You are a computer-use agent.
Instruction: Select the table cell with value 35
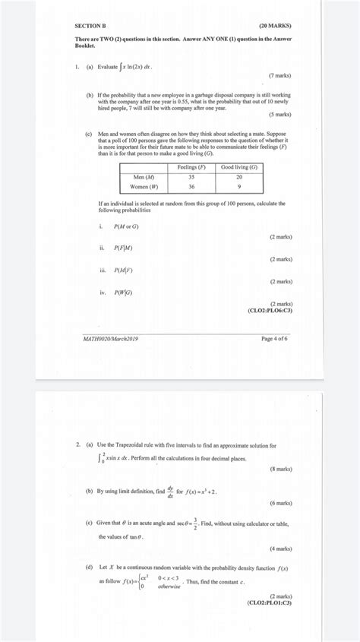click(x=191, y=176)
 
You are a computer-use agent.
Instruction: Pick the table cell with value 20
click(x=238, y=176)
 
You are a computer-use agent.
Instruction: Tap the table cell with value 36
click(x=191, y=186)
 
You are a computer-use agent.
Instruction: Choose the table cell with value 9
click(x=238, y=186)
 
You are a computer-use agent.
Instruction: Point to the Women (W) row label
click(x=144, y=186)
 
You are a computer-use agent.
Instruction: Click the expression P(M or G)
click(x=126, y=226)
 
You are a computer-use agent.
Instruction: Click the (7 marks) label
click(x=280, y=76)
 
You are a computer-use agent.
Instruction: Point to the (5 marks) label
click(x=280, y=114)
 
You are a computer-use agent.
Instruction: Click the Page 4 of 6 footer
click(x=274, y=338)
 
